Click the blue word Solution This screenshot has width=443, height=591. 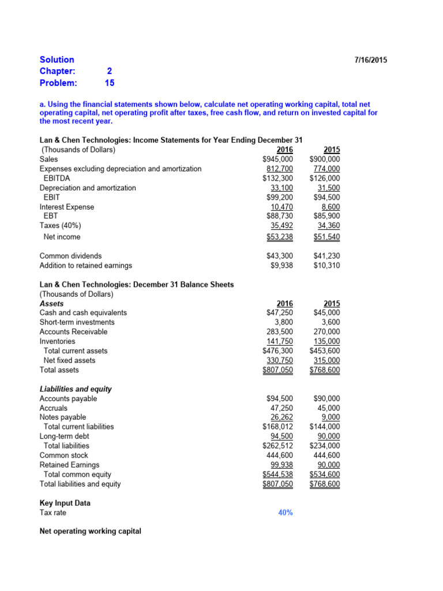pos(57,59)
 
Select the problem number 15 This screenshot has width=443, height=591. pos(110,83)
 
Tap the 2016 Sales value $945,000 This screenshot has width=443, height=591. pos(277,159)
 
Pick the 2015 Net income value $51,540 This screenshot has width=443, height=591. pos(326,237)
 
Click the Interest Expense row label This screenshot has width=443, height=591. pos(66,207)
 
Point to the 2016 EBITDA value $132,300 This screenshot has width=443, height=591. pos(277,178)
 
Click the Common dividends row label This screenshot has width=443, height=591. pos(70,256)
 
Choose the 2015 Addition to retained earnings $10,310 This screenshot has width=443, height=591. pos(326,265)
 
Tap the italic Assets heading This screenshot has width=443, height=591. pos(51,304)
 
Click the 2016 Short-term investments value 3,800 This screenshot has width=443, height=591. pos(283,322)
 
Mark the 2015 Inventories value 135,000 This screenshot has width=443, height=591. pos(326,341)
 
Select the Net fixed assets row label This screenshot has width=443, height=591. pos(69,360)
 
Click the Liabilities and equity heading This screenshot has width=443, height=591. pos(76,389)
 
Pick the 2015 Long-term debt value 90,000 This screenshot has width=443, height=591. pos(329,436)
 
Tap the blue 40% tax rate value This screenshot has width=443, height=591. pos(285,513)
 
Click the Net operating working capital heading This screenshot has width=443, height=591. pos(90,532)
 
